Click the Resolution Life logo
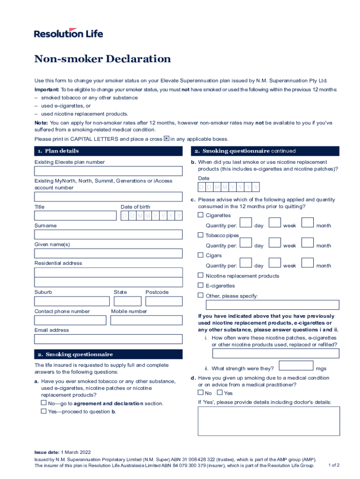[68, 33]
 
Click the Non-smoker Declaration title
[102, 59]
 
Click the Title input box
[75, 216]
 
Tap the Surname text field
[108, 234]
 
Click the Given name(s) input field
[108, 254]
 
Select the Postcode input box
[164, 301]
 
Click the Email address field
[108, 339]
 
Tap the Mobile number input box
[147, 320]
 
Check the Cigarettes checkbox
[201, 215]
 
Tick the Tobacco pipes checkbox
[201, 235]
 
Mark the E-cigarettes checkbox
[201, 285]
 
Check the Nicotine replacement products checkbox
[201, 276]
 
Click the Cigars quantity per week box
[275, 263]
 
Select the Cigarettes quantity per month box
[308, 223]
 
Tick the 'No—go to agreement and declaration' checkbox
[44, 403]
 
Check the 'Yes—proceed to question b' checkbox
[44, 411]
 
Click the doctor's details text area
[269, 421]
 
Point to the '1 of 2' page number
[334, 465]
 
